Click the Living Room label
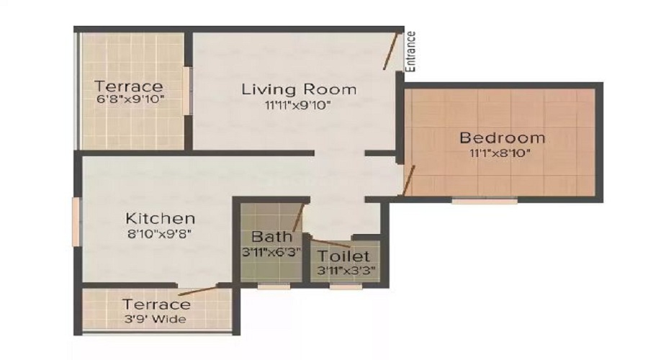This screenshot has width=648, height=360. coord(299,90)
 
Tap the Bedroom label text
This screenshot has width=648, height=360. coord(503,138)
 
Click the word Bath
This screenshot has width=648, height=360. coord(271,236)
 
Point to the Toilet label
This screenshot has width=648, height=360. coord(343,256)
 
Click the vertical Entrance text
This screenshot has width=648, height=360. coord(411,50)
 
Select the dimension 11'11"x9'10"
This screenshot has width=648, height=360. coord(299,106)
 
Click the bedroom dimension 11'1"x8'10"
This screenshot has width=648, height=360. coord(503,153)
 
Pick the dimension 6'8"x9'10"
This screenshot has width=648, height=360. coord(130,101)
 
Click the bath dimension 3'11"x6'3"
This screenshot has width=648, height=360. coord(271,252)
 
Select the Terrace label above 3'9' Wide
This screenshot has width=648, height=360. coord(156,305)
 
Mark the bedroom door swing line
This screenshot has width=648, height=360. coord(409,181)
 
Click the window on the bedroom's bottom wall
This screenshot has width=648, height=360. coord(484,201)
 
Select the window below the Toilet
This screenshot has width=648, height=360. coord(346,287)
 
